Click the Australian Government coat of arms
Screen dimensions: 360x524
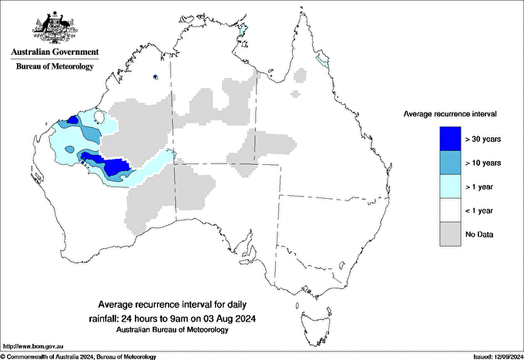tap(54, 29)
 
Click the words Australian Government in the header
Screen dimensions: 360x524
tap(54, 52)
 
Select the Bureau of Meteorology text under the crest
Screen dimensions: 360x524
tap(54, 66)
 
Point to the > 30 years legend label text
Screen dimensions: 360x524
tap(484, 140)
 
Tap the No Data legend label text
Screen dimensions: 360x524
tap(481, 234)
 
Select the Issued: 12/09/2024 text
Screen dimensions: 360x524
tap(492, 356)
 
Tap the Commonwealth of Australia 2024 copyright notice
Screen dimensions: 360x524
tap(79, 356)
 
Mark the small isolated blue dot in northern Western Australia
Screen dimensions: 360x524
tap(156, 77)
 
